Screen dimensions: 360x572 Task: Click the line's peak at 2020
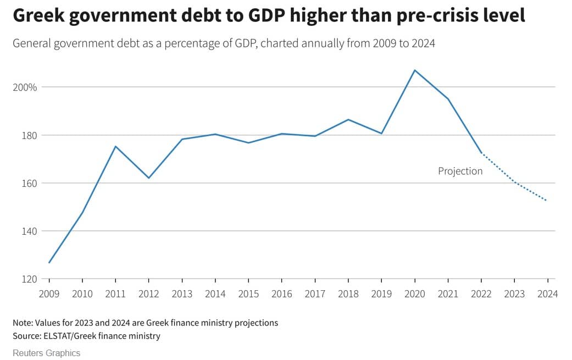pyautogui.click(x=415, y=70)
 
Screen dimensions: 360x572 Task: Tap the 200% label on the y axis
pyautogui.click(x=25, y=87)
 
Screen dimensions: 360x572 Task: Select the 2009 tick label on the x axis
pyautogui.click(x=49, y=294)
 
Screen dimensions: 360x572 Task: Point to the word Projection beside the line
pyautogui.click(x=460, y=171)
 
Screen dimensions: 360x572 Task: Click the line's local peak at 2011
pyautogui.click(x=115, y=146)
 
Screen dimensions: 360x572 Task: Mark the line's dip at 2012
pyautogui.click(x=149, y=178)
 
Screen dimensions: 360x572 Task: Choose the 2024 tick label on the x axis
pyautogui.click(x=547, y=294)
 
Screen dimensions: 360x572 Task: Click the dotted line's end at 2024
pyautogui.click(x=546, y=201)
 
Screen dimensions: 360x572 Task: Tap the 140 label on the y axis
pyautogui.click(x=29, y=231)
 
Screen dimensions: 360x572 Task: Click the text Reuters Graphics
pyautogui.click(x=47, y=353)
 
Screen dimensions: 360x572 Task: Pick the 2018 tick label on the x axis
pyautogui.click(x=348, y=294)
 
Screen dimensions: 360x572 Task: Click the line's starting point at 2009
pyautogui.click(x=49, y=263)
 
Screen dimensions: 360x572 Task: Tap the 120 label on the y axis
pyautogui.click(x=29, y=279)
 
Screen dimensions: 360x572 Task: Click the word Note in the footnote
pyautogui.click(x=23, y=323)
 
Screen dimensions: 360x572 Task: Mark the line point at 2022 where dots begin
pyautogui.click(x=481, y=153)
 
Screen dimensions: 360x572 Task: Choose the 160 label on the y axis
pyautogui.click(x=29, y=183)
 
